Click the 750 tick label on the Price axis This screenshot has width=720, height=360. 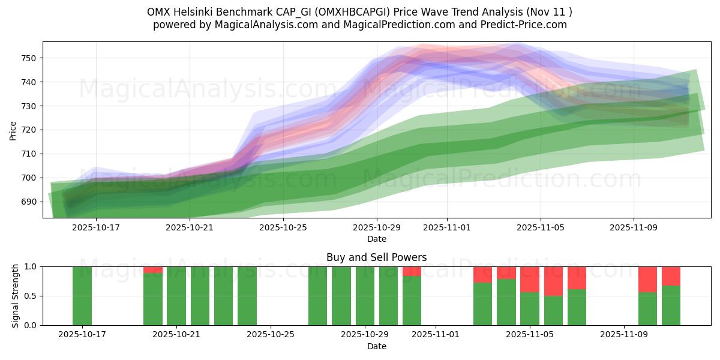pos(28,58)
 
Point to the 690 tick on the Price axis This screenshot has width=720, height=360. pos(28,202)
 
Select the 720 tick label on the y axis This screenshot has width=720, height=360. pos(28,130)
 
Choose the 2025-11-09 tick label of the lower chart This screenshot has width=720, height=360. pos(624,335)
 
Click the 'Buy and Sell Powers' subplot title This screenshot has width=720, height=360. pos(376,257)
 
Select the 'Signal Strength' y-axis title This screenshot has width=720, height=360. pos(16,296)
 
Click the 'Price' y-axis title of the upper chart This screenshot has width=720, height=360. pos(13,130)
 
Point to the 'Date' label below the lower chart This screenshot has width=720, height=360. pos(376,346)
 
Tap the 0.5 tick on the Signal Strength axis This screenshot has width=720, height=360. pos(30,296)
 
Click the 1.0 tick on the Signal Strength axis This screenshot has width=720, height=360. pos(30,266)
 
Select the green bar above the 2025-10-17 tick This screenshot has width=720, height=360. pos(82,296)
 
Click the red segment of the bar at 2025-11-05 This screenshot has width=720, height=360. pos(530,279)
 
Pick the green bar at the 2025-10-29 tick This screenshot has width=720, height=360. pos(365,296)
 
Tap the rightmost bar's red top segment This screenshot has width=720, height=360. pos(671,275)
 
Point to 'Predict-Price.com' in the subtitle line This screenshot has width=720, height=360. pos(526,25)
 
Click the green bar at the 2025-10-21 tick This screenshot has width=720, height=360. pos(176,296)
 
